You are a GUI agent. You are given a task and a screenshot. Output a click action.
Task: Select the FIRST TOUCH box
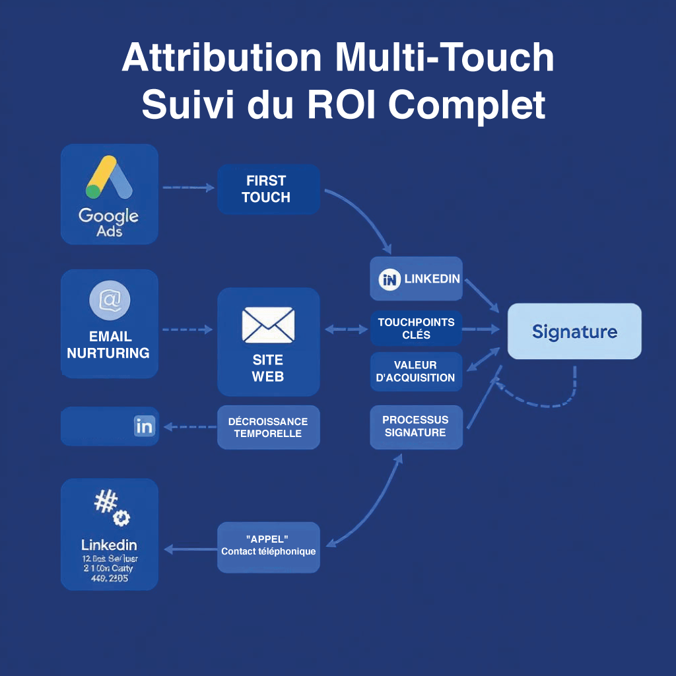click(x=268, y=189)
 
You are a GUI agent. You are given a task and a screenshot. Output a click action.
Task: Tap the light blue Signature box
click(x=574, y=331)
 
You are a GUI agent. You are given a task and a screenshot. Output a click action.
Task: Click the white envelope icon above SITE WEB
click(x=268, y=325)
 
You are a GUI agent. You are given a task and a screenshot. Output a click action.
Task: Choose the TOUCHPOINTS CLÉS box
click(x=416, y=328)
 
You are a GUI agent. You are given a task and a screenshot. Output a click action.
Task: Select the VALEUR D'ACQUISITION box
click(x=416, y=371)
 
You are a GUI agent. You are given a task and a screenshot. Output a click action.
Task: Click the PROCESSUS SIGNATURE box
click(x=416, y=426)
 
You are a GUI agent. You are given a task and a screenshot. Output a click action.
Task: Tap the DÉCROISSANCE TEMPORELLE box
click(x=268, y=427)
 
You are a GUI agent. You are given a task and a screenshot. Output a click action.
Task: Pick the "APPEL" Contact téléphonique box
click(x=268, y=547)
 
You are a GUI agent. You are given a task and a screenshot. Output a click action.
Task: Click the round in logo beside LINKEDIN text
click(x=390, y=279)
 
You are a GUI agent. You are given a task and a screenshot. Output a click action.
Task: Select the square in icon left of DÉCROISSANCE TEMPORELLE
click(x=144, y=426)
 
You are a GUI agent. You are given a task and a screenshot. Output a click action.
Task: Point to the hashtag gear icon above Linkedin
click(x=112, y=509)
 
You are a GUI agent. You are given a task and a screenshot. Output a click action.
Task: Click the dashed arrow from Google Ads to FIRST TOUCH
click(x=188, y=188)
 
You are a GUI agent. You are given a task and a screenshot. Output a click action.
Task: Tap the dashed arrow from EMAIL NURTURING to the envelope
click(x=187, y=329)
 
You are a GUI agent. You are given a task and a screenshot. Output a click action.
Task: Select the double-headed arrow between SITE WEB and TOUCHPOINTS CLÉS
click(x=346, y=329)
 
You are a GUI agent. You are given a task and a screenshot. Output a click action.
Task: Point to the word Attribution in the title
click(x=222, y=58)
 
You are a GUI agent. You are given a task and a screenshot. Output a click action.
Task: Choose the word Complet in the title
click(x=466, y=104)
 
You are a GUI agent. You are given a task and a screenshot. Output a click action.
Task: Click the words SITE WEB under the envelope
click(x=268, y=368)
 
